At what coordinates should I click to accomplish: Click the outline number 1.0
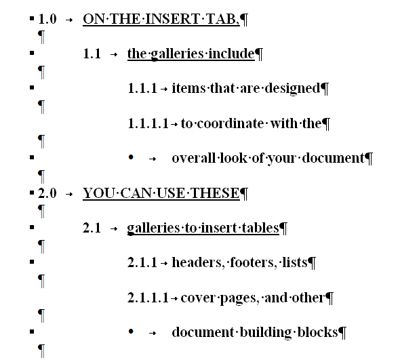[x=47, y=19]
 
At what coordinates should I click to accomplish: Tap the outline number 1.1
[x=92, y=54]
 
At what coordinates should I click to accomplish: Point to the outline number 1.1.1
[x=142, y=89]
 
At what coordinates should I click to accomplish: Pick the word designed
[x=292, y=89]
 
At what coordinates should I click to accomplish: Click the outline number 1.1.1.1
[x=148, y=124]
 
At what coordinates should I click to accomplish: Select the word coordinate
[x=231, y=124]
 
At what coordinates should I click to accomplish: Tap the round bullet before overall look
[x=131, y=157]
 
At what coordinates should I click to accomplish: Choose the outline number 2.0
[x=47, y=193]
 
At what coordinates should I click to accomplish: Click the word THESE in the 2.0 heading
[x=215, y=193]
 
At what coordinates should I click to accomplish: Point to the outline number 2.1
[x=92, y=228]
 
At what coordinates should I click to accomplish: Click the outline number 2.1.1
[x=142, y=262]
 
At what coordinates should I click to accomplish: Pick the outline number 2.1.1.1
[x=148, y=298]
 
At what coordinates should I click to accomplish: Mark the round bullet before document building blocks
[x=131, y=332]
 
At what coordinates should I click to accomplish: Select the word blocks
[x=317, y=332]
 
